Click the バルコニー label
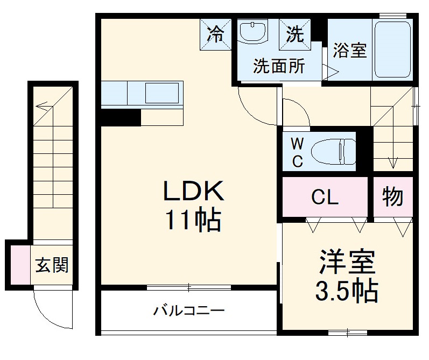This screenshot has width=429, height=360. (188, 310)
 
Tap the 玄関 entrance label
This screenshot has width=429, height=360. (52, 265)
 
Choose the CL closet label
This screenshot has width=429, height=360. (325, 197)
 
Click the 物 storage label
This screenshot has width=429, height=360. (393, 197)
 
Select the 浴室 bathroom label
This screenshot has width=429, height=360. (349, 50)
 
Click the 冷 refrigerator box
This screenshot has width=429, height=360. (215, 35)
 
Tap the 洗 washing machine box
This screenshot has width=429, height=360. (294, 35)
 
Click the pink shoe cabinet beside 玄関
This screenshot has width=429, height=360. (19, 265)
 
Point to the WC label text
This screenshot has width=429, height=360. (297, 152)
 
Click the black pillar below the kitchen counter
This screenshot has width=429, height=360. (119, 117)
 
